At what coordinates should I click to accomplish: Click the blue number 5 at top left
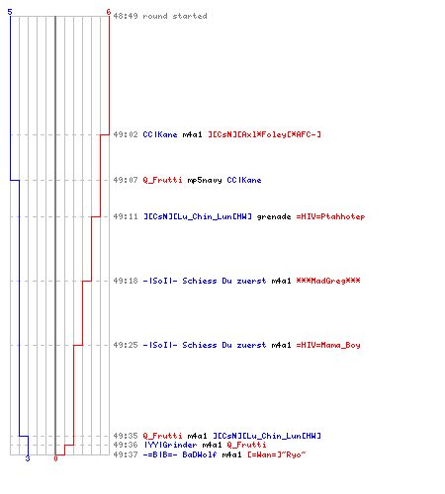tap(10, 12)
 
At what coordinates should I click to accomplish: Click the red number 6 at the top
tap(109, 12)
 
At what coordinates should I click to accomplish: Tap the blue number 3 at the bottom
tap(28, 458)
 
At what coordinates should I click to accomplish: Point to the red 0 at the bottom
tap(55, 458)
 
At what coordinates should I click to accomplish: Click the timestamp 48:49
tap(126, 16)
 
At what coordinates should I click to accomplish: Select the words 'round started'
tap(175, 16)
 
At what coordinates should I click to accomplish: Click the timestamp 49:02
tap(126, 134)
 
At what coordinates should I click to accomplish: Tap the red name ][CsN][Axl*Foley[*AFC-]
tap(264, 134)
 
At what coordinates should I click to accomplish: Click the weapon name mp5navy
tap(205, 180)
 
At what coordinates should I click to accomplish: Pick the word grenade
tap(274, 216)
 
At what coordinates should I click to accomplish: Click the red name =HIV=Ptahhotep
tap(330, 216)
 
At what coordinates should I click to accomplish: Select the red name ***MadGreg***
tap(328, 281)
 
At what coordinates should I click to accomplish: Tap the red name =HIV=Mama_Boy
tap(328, 345)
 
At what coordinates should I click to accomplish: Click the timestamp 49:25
tap(126, 345)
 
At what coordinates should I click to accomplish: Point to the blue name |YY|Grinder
tap(170, 445)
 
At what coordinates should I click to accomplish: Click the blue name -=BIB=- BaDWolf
tap(180, 454)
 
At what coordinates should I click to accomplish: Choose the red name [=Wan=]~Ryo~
tap(277, 454)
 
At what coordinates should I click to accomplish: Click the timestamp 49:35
tap(126, 436)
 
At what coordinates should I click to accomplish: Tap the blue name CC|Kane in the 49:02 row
tap(160, 134)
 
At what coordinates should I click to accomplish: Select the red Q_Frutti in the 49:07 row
tap(162, 180)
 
